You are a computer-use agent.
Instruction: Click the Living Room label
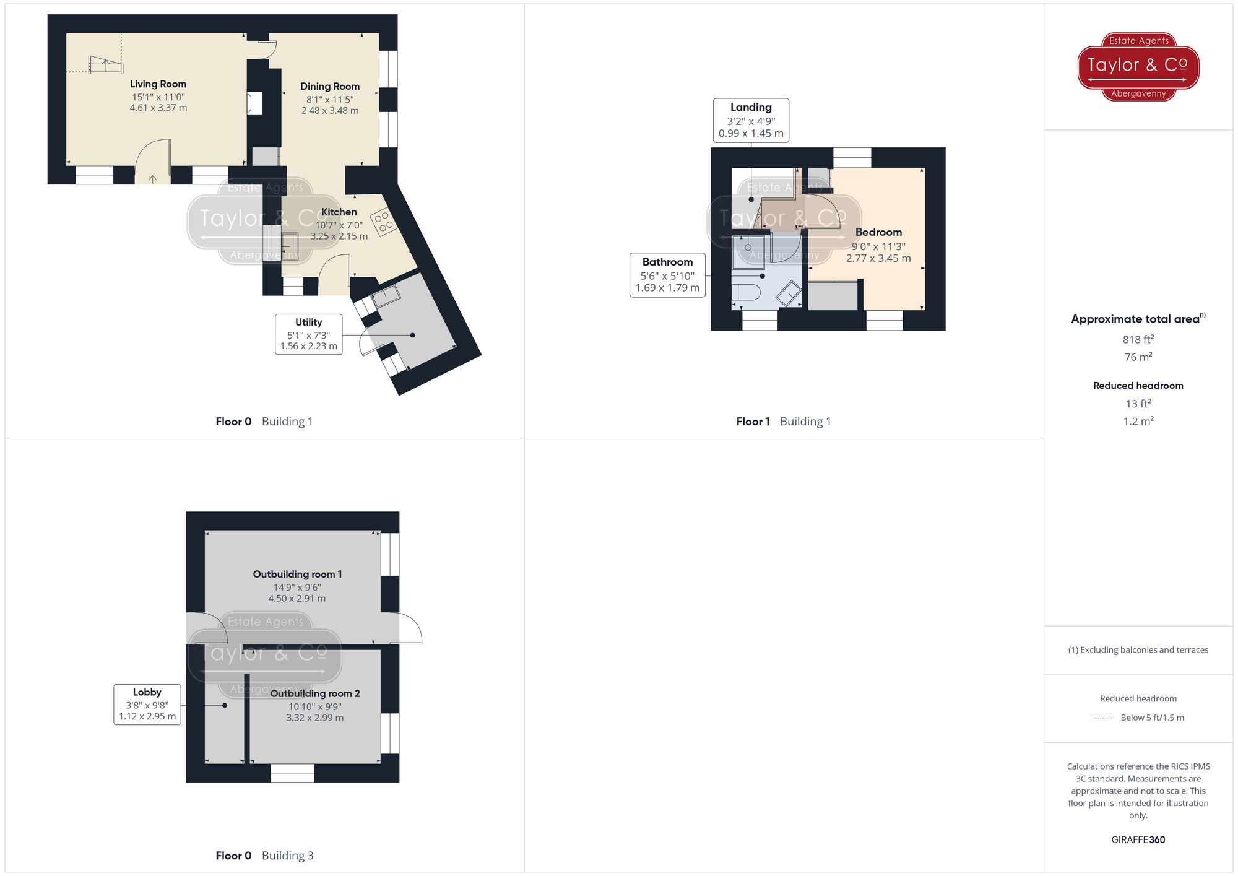tap(158, 84)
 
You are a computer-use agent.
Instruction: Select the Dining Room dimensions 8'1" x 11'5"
tap(329, 99)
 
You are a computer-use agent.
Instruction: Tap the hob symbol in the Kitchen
tap(383, 221)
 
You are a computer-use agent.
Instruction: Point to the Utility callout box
tap(308, 334)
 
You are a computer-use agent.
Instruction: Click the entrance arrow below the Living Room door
tap(153, 179)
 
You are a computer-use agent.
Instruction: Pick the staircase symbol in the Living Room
tap(105, 65)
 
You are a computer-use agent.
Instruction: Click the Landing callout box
tap(750, 120)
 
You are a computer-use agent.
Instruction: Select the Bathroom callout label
tap(667, 262)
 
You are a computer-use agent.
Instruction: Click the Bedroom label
tap(878, 232)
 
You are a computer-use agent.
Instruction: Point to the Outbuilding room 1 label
tap(297, 574)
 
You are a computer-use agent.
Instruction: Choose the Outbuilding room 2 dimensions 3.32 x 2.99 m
tap(314, 718)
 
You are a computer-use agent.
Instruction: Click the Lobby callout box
tap(147, 704)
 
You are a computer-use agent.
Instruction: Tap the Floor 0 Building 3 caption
tap(264, 855)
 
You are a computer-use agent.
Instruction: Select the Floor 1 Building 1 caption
tap(783, 421)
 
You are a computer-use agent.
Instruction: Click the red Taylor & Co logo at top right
tap(1138, 66)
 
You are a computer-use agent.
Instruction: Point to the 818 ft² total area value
tap(1138, 339)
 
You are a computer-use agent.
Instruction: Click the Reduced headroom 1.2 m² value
tap(1138, 421)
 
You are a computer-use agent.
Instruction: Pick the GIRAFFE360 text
tap(1138, 839)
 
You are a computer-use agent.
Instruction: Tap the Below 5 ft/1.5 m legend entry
tap(1151, 718)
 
